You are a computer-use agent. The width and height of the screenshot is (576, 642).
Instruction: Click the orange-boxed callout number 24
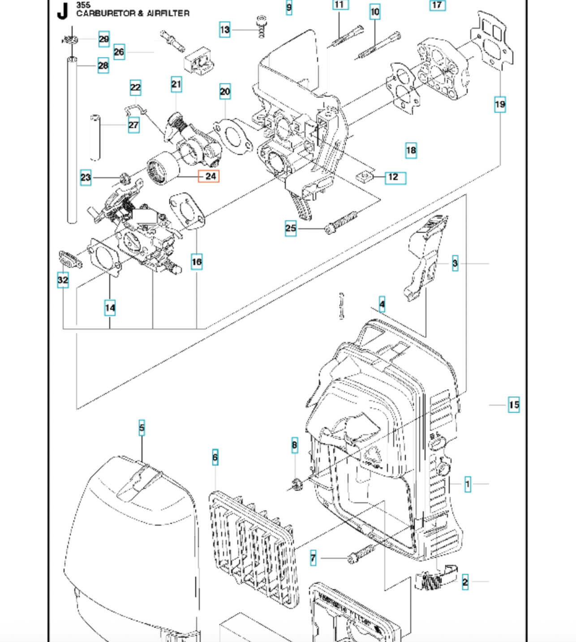point(209,176)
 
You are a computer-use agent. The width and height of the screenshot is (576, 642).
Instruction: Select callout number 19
point(500,104)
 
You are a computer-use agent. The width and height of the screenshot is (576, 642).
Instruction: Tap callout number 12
point(394,177)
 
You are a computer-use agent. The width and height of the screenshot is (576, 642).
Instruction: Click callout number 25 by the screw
point(291,228)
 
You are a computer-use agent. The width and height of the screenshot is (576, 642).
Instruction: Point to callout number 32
point(63,280)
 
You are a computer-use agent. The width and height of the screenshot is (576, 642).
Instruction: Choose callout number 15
point(514,405)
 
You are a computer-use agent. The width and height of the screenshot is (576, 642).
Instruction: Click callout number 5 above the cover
point(142,428)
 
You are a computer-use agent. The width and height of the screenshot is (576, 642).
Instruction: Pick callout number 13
point(225,30)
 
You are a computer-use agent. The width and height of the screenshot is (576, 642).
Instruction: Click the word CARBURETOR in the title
point(106,13)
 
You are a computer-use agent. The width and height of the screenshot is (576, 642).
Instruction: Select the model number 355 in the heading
point(83,5)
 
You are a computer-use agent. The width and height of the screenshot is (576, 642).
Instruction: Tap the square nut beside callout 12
point(365,177)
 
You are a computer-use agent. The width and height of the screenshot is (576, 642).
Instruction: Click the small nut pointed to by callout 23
point(124,178)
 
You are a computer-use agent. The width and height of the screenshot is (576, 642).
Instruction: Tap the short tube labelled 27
point(95,137)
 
